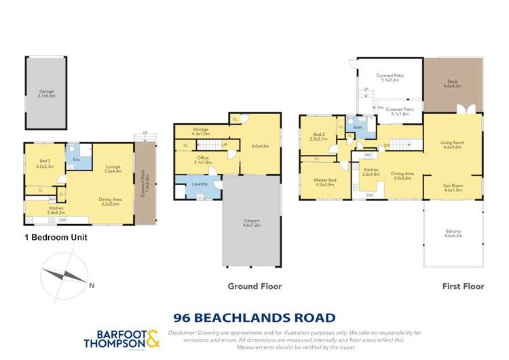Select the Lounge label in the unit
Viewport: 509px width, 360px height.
click(x=113, y=167)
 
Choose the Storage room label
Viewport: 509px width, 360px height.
click(x=200, y=130)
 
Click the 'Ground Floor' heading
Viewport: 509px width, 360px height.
click(x=254, y=286)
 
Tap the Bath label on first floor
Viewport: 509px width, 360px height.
click(x=358, y=127)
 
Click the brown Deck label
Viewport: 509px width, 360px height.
click(x=452, y=84)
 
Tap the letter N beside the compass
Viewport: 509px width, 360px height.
click(x=92, y=285)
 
